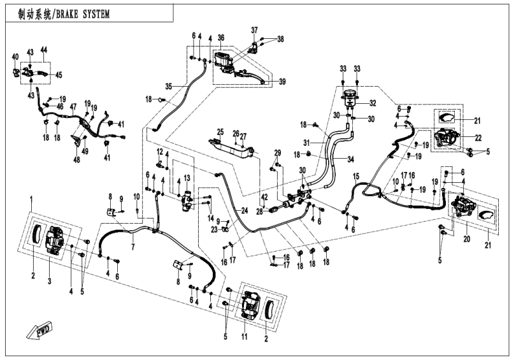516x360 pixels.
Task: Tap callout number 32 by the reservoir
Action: [x=373, y=103]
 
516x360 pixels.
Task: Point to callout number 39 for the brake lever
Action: [x=282, y=81]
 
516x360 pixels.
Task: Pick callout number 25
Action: [x=220, y=132]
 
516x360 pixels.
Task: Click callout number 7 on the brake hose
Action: [x=133, y=247]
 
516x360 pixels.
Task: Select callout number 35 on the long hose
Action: [x=169, y=86]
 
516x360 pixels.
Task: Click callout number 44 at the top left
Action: [x=43, y=50]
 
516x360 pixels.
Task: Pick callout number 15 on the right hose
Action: [x=356, y=176]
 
